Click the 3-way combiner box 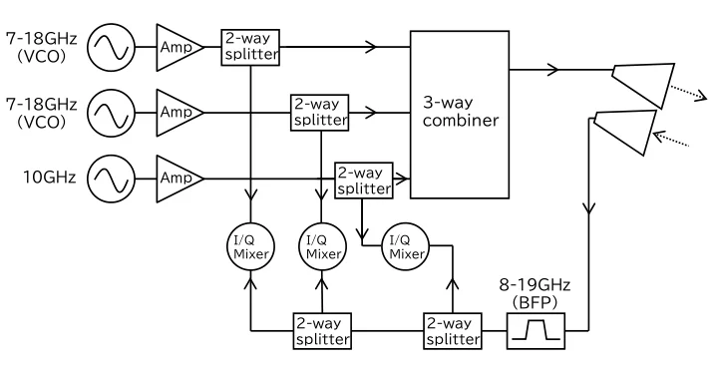[460, 115]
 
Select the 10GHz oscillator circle [111, 178]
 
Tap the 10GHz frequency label [50, 177]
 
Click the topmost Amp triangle [179, 47]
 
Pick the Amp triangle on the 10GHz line [179, 178]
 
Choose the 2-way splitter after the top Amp [250, 48]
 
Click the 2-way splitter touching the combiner [364, 181]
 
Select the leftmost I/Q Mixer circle [250, 246]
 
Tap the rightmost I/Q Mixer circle [406, 246]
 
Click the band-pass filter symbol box [536, 331]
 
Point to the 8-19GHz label [535, 285]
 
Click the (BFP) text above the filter [535, 303]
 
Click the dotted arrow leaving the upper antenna [688, 93]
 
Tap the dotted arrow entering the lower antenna [671, 139]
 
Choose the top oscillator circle [111, 47]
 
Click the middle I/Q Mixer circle [322, 246]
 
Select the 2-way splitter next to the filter [453, 331]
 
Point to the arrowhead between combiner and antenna [553, 70]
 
